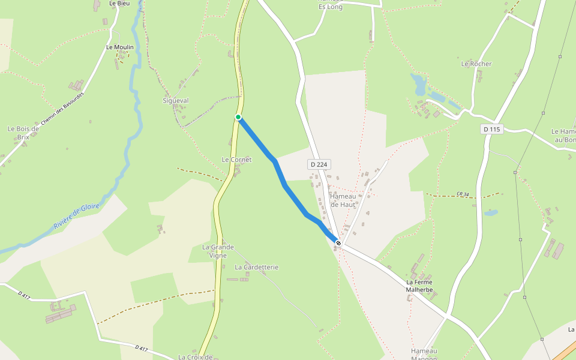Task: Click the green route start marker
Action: (x=238, y=117)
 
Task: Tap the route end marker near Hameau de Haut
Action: (x=338, y=243)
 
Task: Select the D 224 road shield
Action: (x=320, y=164)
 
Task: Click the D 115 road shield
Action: (x=491, y=129)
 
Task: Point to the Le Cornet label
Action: (x=236, y=160)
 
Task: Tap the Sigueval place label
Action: (x=176, y=101)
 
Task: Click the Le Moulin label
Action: (x=119, y=47)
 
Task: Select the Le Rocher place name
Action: (x=476, y=64)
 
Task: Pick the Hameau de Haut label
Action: (x=343, y=200)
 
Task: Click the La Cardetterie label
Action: (x=257, y=267)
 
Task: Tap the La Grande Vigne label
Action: (x=218, y=251)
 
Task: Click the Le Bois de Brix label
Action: (x=23, y=132)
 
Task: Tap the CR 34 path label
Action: (x=462, y=194)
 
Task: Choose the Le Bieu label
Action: (x=119, y=4)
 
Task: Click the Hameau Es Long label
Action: (x=331, y=4)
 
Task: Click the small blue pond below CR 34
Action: (x=491, y=212)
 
